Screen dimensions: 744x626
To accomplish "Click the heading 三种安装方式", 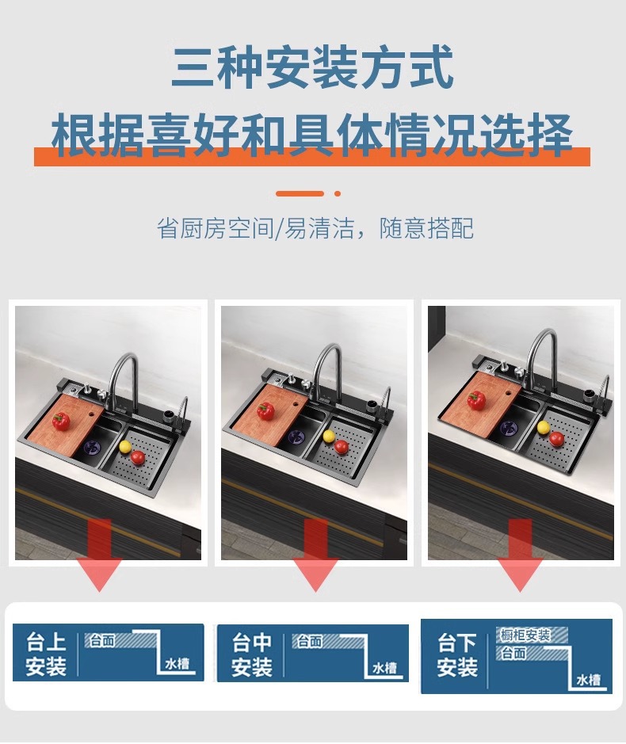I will pos(312,68).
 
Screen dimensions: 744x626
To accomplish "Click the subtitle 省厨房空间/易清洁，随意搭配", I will pos(315,229).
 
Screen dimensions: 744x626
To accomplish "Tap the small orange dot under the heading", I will pos(338,193).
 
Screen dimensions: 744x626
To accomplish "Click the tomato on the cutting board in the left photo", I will pos(61,421).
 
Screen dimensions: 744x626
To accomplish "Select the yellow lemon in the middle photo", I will pos(328,436).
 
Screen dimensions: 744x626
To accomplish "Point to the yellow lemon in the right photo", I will pos(544,427).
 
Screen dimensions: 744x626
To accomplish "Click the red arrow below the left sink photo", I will pos(99,555).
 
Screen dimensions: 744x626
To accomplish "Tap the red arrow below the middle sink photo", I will pos(315,555).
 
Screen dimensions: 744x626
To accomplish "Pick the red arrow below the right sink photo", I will pos(520,555).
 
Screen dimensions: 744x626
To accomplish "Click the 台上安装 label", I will pos(46,654).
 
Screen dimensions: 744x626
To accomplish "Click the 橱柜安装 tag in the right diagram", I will pos(525,635).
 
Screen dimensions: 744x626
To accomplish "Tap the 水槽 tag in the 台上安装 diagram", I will pos(178,665).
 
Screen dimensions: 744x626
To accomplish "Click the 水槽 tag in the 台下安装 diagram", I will pos(588,680).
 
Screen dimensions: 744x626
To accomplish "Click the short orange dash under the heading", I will pos(300,193).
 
